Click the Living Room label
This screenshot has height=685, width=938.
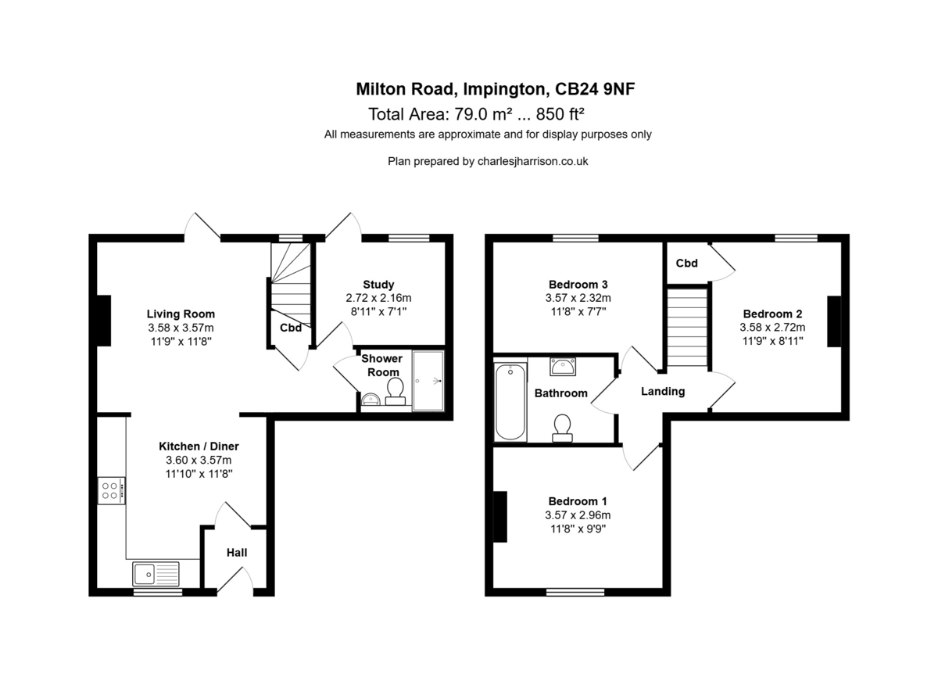181,314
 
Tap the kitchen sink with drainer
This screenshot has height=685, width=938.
156,573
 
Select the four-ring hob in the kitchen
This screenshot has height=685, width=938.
111,490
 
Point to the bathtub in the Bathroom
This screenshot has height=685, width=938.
510,401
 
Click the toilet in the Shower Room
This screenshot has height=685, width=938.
396,391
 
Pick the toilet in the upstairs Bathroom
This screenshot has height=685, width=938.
562,428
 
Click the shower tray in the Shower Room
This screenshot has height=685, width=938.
428,381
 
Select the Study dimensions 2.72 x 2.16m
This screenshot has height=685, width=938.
378,298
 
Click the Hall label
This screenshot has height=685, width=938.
237,553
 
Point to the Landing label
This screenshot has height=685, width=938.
663,391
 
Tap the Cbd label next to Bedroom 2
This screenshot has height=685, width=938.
687,263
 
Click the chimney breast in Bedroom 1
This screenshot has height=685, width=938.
500,517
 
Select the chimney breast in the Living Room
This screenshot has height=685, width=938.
104,321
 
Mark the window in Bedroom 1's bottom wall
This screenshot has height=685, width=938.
575,592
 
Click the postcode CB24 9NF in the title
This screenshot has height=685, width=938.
595,89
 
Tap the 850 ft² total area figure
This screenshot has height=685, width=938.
560,114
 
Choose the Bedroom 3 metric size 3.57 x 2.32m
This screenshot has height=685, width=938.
578,298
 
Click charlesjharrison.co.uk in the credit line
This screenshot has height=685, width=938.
532,161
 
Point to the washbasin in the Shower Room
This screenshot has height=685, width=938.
370,400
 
